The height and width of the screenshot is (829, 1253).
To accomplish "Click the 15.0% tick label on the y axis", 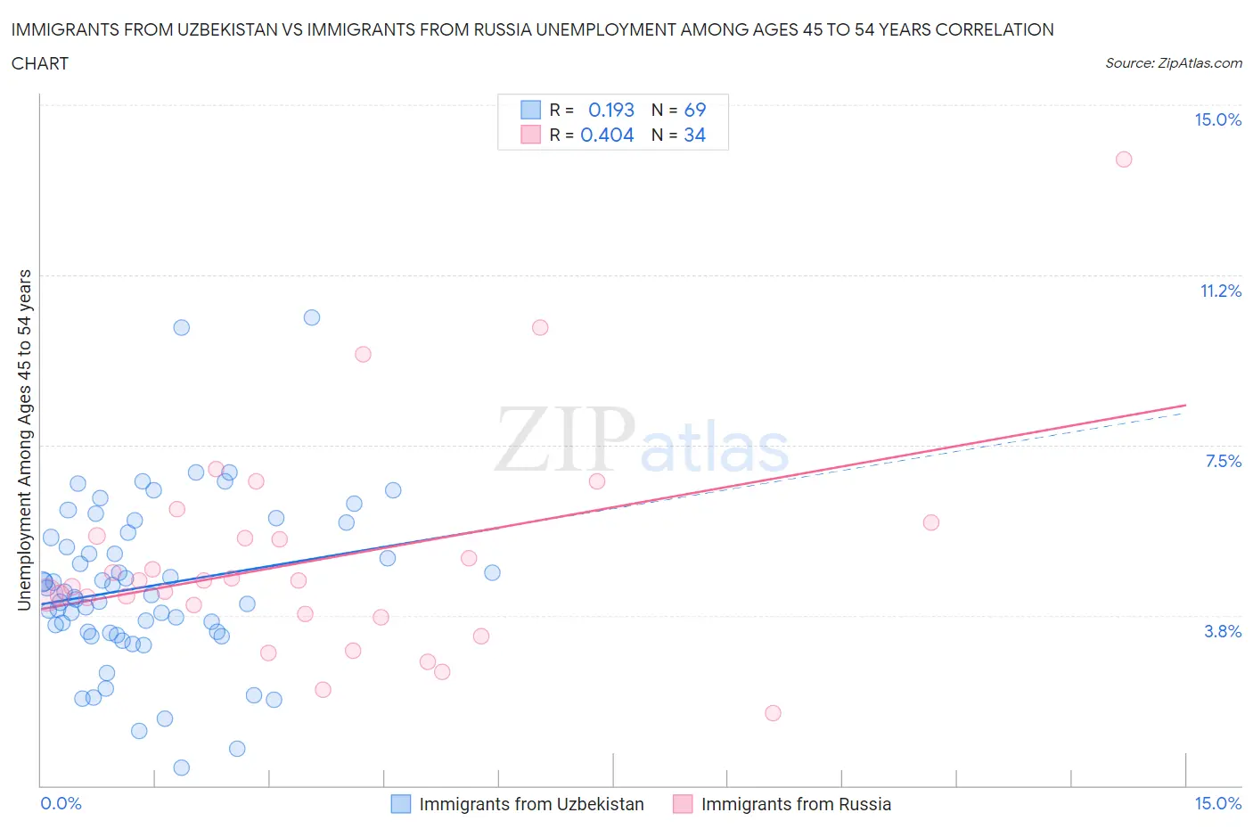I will click(1217, 120).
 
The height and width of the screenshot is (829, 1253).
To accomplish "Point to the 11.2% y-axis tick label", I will click(1220, 291).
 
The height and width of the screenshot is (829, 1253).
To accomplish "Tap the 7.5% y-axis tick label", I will click(1223, 462).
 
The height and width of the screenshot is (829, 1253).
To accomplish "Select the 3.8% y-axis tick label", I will click(1223, 632).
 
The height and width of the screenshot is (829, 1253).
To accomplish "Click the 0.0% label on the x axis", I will click(61, 804).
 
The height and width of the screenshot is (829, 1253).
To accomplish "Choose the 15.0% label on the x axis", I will click(1217, 804).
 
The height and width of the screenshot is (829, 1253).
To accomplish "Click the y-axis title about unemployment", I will click(25, 440).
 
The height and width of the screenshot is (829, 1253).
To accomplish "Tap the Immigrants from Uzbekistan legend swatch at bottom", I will click(401, 804).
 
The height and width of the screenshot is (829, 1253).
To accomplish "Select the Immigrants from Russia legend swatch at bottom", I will click(683, 804).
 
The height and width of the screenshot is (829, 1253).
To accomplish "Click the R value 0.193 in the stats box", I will click(611, 111).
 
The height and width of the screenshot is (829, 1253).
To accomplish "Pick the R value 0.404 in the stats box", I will click(607, 135).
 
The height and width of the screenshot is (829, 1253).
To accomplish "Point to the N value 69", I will click(695, 111).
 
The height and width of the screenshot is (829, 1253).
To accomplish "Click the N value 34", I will click(695, 135).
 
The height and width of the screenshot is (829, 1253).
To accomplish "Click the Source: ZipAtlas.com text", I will click(1173, 63).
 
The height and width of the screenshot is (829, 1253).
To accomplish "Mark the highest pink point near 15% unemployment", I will click(1124, 160).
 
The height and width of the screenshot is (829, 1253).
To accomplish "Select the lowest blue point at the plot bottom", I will click(181, 767).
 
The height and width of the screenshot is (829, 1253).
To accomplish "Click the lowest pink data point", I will click(773, 713).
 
